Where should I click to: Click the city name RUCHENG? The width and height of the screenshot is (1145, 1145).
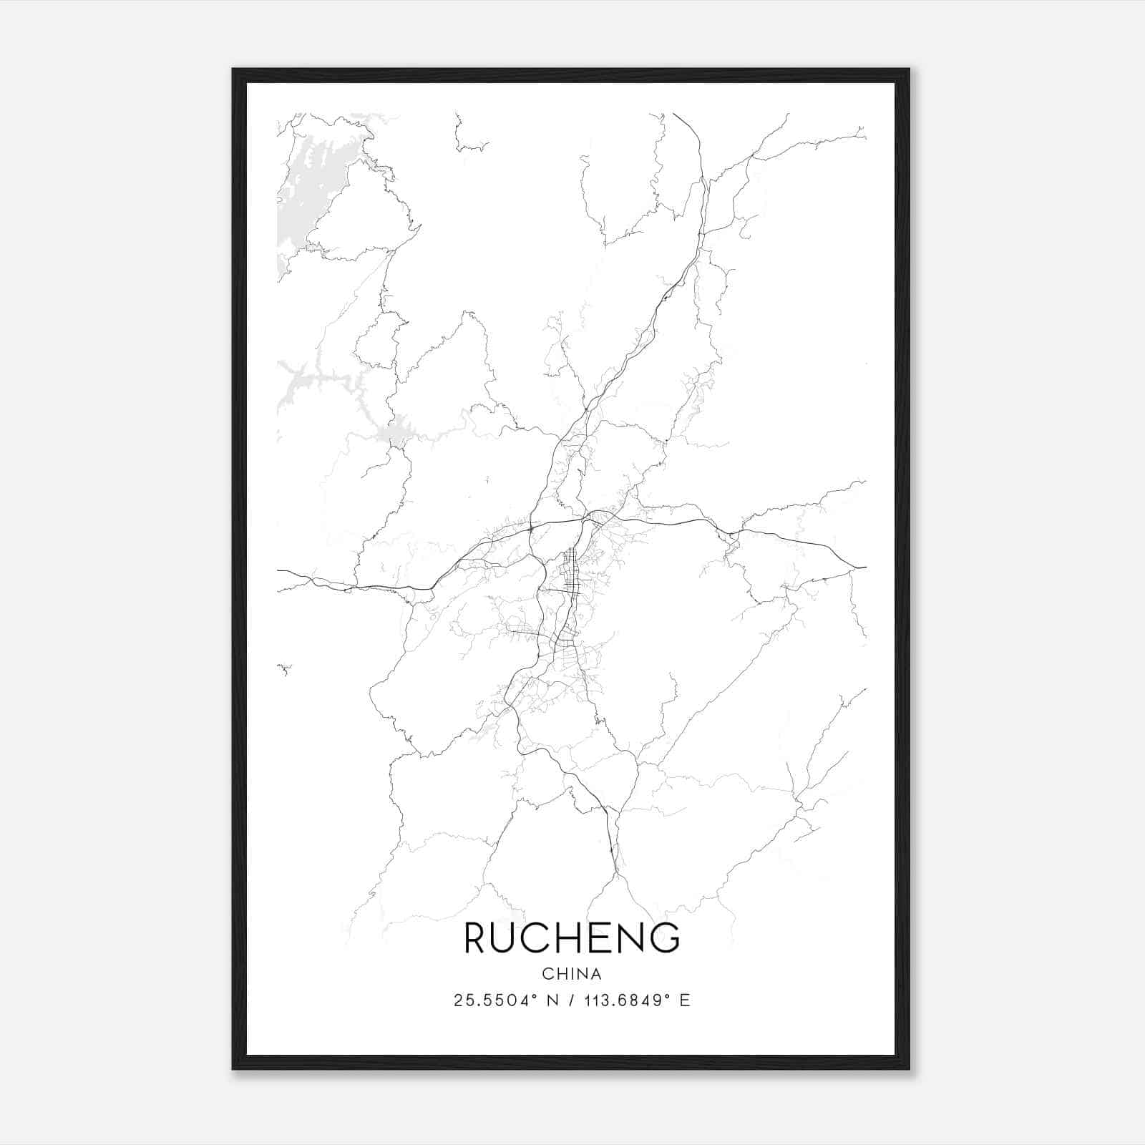click(572, 937)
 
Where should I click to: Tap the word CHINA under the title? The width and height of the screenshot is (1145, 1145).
click(572, 974)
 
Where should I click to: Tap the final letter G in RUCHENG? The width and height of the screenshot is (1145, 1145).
click(666, 937)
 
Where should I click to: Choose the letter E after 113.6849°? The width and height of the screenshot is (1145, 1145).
click(686, 1000)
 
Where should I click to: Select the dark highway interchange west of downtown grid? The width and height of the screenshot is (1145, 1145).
click(530, 528)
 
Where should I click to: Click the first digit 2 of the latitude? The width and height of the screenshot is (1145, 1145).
click(458, 1000)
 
